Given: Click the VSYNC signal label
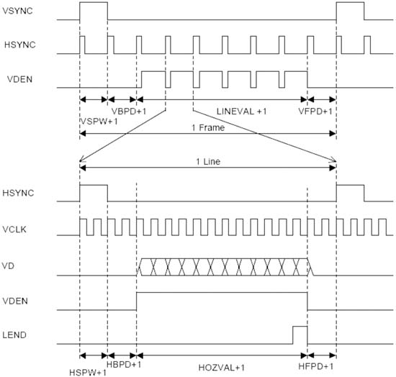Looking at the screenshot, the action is pyautogui.click(x=17, y=11).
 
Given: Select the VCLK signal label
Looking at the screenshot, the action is pyautogui.click(x=14, y=230).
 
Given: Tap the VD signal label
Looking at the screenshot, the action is pyautogui.click(x=8, y=265).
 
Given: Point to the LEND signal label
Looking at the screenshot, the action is pyautogui.click(x=14, y=335).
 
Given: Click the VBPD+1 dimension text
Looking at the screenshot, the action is pyautogui.click(x=129, y=112).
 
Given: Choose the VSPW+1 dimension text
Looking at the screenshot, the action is pyautogui.click(x=99, y=122).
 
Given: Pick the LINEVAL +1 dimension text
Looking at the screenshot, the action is pyautogui.click(x=242, y=112).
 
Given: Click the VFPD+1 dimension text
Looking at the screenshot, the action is pyautogui.click(x=315, y=112).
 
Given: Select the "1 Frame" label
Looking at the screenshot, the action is pyautogui.click(x=208, y=127).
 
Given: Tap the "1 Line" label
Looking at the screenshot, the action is pyautogui.click(x=208, y=161).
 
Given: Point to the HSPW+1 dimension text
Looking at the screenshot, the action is pyautogui.click(x=88, y=373).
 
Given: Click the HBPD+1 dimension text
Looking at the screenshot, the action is pyautogui.click(x=124, y=364).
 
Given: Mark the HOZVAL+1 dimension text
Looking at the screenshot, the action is pyautogui.click(x=222, y=368).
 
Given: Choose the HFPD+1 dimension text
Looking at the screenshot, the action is pyautogui.click(x=316, y=366).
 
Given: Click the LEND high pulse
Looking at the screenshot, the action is pyautogui.click(x=300, y=327).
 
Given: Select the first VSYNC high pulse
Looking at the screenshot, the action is pyautogui.click(x=94, y=3).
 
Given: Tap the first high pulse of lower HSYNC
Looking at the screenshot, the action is pyautogui.click(x=94, y=185).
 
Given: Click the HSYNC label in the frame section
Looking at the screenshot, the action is pyautogui.click(x=20, y=45).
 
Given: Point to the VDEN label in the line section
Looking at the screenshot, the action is pyautogui.click(x=15, y=301).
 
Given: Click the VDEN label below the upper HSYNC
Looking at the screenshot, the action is pyautogui.click(x=20, y=79).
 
